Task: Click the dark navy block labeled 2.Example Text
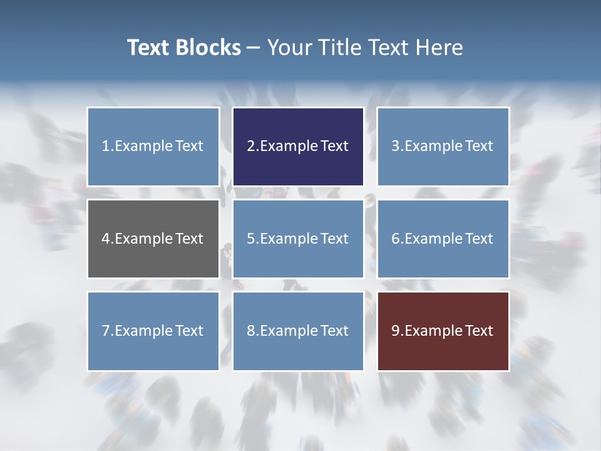(x=298, y=147)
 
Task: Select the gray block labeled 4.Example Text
(x=153, y=239)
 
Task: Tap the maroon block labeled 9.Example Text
(x=443, y=331)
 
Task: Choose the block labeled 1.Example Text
(x=153, y=147)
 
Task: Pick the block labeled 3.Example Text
(x=443, y=147)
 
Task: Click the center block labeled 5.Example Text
(x=298, y=239)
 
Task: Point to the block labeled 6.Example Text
(x=443, y=239)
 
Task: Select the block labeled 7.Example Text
(x=153, y=331)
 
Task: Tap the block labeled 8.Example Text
(x=298, y=331)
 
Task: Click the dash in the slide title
(x=254, y=48)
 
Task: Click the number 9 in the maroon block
(x=395, y=331)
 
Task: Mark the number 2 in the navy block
(x=250, y=147)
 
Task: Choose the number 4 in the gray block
(x=106, y=239)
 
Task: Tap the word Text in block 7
(x=189, y=331)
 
